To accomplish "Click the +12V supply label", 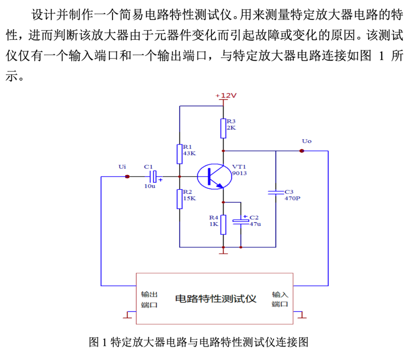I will tap(226, 96).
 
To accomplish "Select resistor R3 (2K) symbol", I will tap(223, 128).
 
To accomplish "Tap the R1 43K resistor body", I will tap(180, 153).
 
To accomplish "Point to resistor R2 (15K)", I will tap(180, 199).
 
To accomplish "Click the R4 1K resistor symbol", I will tap(223, 225).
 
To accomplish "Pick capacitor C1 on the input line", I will tap(153, 177).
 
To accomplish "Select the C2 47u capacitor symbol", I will tap(241, 221).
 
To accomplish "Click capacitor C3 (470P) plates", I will tap(275, 193).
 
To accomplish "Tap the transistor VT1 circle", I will tap(214, 177).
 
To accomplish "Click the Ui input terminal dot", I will tap(127, 177).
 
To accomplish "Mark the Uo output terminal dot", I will tap(302, 151).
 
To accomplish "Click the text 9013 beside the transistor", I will tap(240, 173).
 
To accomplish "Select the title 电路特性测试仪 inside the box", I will tap(215, 298).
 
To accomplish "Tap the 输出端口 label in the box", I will tap(149, 299).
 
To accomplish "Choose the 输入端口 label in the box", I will tap(280, 299).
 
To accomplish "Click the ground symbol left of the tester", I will tap(128, 315).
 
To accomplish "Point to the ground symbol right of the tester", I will tap(302, 315).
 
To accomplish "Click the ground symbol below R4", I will tap(223, 251).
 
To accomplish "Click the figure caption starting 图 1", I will tap(198, 342).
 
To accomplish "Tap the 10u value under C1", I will tap(150, 186).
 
